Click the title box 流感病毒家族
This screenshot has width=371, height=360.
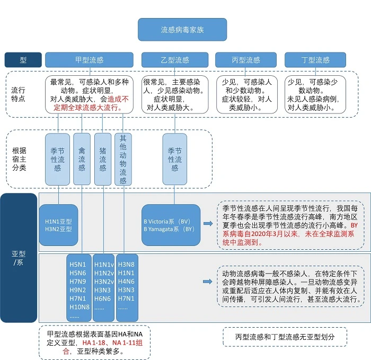182,30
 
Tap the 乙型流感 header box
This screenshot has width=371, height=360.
174,60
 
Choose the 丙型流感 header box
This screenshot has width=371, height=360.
245,60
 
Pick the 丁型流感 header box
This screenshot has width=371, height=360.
315,60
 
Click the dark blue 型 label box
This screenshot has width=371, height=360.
23,60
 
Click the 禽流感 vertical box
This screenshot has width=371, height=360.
82,160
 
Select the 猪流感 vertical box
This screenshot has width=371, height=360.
102,160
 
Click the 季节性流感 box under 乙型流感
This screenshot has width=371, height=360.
174,160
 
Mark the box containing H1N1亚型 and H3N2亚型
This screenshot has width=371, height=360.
58,225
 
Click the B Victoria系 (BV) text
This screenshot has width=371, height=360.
166,221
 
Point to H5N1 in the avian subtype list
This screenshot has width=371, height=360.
78,265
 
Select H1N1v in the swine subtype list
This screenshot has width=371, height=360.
103,265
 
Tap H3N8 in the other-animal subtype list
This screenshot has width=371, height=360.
126,265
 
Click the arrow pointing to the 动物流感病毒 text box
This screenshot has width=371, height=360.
207,282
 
